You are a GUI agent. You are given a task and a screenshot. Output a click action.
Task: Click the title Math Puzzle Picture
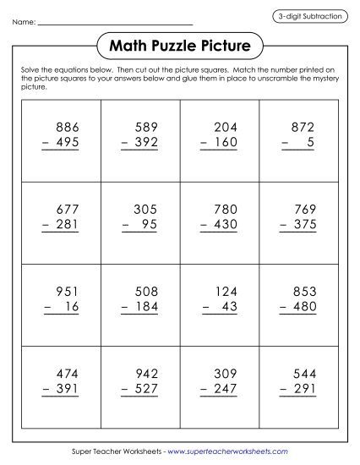pyautogui.click(x=180, y=44)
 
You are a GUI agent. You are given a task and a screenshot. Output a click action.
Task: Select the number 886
pyautogui.click(x=66, y=127)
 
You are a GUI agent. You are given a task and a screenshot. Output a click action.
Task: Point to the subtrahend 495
pyautogui.click(x=66, y=142)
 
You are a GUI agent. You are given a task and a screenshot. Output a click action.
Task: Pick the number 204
pyautogui.click(x=226, y=127)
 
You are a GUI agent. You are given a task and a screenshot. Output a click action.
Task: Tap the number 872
pyautogui.click(x=305, y=127)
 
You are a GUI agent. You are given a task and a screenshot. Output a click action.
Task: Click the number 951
pyautogui.click(x=66, y=292)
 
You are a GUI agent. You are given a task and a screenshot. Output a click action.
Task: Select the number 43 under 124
pyautogui.click(x=232, y=307)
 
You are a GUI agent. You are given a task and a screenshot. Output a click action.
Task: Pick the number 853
pyautogui.click(x=305, y=292)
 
